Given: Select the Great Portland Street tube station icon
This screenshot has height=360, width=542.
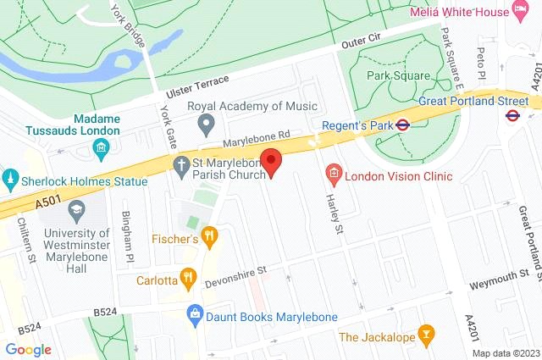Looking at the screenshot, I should (512, 115).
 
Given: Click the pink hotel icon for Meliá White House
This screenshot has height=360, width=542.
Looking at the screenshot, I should (523, 12).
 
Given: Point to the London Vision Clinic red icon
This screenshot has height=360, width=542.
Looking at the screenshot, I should (334, 176).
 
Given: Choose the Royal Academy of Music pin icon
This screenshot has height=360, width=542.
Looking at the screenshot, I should (205, 125).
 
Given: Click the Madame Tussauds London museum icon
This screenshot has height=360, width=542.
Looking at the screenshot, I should (101, 151).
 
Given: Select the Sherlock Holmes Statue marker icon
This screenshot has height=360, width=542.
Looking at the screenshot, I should (10, 181).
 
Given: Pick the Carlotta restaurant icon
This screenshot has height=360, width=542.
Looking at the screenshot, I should (190, 279).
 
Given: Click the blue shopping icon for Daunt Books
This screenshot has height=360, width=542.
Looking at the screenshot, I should (196, 316).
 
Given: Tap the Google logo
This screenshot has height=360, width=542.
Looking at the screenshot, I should (28, 349).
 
